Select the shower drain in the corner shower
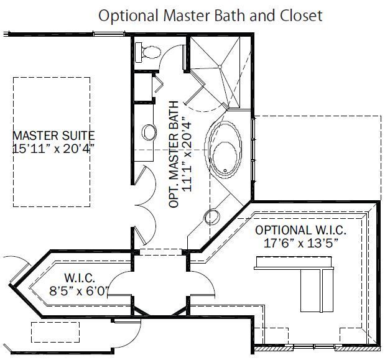(220, 67)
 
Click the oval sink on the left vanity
(149, 132)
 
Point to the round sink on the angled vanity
(212, 217)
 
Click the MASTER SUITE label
(53, 135)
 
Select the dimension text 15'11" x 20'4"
(53, 149)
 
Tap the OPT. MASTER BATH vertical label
(175, 154)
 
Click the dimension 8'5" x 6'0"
(79, 289)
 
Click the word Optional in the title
(123, 16)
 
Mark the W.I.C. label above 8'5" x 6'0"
(79, 277)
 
